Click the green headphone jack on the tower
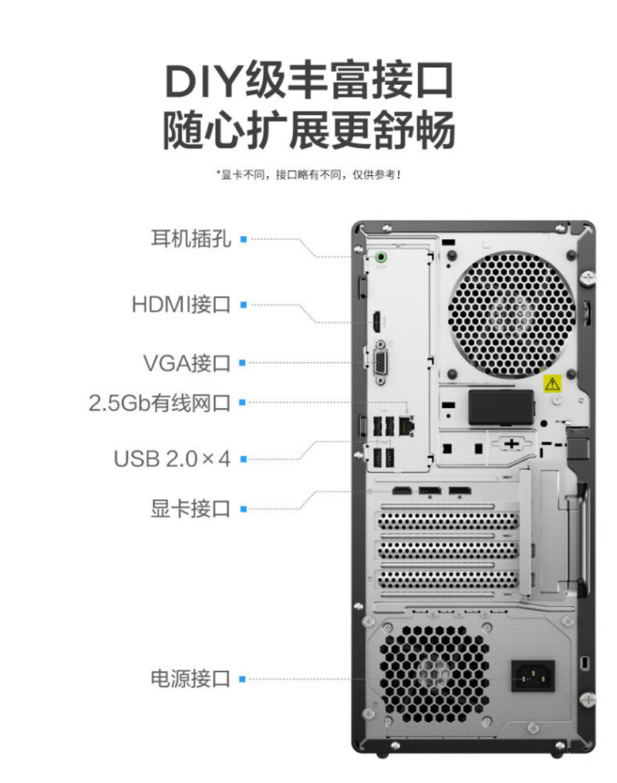coord(381,257)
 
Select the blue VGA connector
coord(380,363)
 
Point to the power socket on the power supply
coord(533,676)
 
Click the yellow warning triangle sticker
coord(552,383)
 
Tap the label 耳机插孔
coord(190,238)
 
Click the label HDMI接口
coord(181,304)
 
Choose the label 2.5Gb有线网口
coord(160,403)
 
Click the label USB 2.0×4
coord(172,459)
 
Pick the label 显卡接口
coord(190,509)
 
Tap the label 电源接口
coord(190,679)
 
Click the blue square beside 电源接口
coord(243,679)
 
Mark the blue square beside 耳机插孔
coord(244,239)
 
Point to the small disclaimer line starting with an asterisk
coord(308,175)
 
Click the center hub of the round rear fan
coord(511,314)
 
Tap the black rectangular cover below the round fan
coord(501,407)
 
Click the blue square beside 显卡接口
coord(244,509)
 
